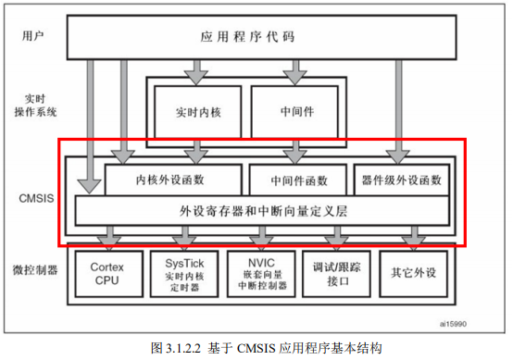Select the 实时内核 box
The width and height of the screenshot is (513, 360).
(195, 112)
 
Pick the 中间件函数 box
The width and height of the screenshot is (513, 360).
(298, 179)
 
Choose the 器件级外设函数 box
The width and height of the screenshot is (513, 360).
(401, 179)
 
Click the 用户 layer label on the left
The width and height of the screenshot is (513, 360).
(33, 38)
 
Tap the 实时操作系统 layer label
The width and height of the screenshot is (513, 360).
(34, 104)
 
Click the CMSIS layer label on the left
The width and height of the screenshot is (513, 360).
(36, 196)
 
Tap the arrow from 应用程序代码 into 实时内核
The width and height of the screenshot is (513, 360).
(195, 70)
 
